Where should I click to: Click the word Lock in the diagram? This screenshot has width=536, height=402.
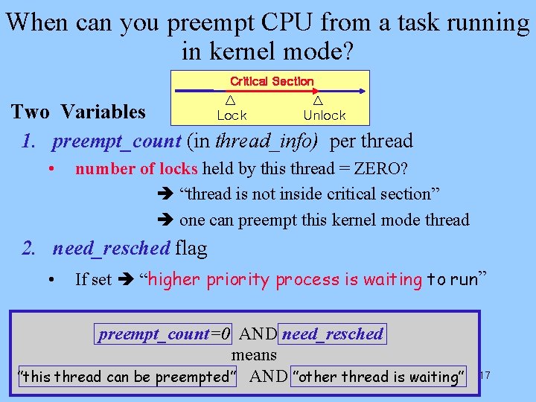coord(232,115)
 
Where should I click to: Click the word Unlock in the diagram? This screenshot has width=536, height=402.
coord(325,115)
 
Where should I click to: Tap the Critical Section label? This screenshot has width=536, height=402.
coord(272,81)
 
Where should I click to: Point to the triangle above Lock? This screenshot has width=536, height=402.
coord(231,100)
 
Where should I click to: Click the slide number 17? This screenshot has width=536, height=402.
coord(485,374)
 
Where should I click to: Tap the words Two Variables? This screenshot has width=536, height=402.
coord(78,112)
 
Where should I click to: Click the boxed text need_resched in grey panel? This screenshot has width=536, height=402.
coord(333,334)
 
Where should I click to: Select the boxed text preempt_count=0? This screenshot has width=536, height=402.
coord(165,334)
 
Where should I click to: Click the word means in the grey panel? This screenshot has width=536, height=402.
coord(254,355)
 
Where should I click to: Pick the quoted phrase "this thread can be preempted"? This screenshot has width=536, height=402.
coord(127,377)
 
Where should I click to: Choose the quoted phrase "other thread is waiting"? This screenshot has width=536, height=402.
coord(379,377)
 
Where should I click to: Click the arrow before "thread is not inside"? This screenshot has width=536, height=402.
coord(165,195)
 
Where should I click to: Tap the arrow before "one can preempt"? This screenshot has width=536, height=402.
coord(165,220)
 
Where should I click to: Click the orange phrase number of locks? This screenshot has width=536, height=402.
coord(136,169)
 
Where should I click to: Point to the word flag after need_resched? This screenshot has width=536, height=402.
coord(191,248)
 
